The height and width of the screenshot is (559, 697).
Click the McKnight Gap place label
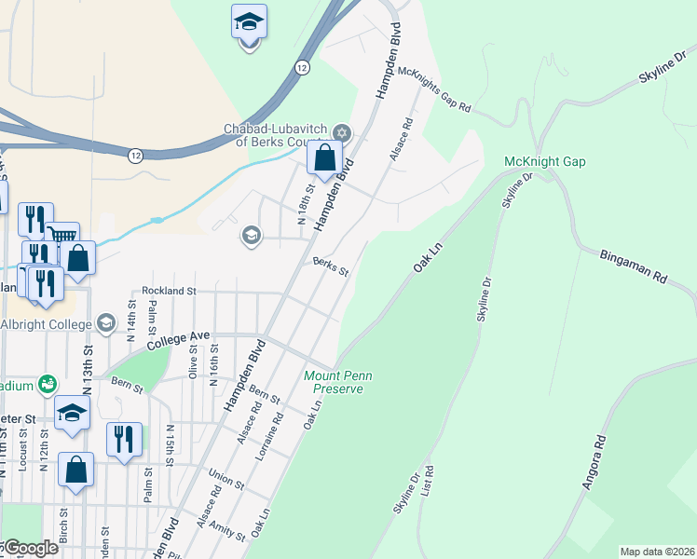(544, 161)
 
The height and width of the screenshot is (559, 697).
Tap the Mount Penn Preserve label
(338, 382)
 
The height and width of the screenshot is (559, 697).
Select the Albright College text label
(46, 324)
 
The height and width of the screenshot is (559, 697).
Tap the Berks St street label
(330, 267)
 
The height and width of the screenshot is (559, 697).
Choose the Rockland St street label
(169, 291)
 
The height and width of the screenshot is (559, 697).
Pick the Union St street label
(227, 480)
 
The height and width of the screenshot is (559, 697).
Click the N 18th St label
(301, 206)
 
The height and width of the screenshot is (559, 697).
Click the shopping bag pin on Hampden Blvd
(324, 157)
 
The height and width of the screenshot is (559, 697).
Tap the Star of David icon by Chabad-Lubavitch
(341, 133)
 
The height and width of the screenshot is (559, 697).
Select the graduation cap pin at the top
(249, 22)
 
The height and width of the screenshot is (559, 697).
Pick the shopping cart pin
(62, 237)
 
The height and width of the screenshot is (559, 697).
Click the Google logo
(30, 548)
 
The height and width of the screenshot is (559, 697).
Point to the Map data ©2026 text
(656, 552)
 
